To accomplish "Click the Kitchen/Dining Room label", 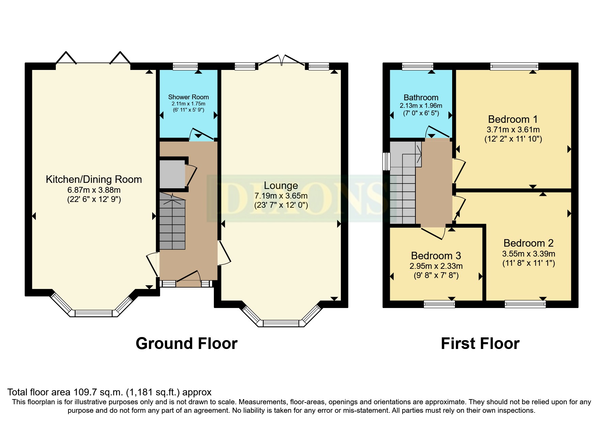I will click(94, 179).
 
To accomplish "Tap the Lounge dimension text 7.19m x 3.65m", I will click(281, 196).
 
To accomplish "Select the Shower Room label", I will click(188, 97).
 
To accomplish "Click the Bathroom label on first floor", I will click(421, 98).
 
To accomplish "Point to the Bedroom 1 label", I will click(513, 119).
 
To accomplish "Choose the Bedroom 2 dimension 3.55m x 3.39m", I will click(528, 254).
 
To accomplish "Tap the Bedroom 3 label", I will click(436, 256).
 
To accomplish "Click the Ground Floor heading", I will click(186, 344).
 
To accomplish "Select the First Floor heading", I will click(480, 344).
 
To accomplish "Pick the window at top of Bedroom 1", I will click(514, 66).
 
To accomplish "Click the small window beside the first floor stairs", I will click(386, 161).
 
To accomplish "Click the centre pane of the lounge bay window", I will click(281, 323).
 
